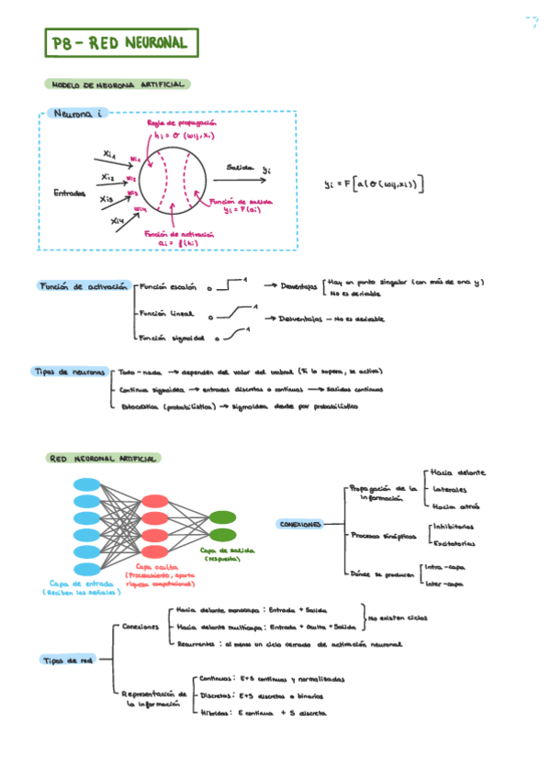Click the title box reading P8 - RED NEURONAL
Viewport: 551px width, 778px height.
[x=120, y=43]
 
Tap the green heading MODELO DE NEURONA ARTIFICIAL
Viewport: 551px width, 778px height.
[x=117, y=84]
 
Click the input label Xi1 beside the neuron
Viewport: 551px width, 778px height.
[x=109, y=153]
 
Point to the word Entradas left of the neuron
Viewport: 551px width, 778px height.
[x=70, y=193]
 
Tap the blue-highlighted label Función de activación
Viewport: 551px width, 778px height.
[x=83, y=286]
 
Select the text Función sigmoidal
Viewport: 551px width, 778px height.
[x=172, y=339]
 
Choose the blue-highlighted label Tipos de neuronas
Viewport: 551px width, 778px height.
[x=70, y=372]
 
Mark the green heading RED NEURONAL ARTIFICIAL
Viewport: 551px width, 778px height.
[x=103, y=458]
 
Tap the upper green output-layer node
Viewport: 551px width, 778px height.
[x=221, y=517]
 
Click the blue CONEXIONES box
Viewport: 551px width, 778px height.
[x=299, y=525]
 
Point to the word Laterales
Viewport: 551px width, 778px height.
[x=449, y=490]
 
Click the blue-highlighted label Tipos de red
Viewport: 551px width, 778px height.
[x=66, y=660]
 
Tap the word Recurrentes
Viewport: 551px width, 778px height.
[x=195, y=644]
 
